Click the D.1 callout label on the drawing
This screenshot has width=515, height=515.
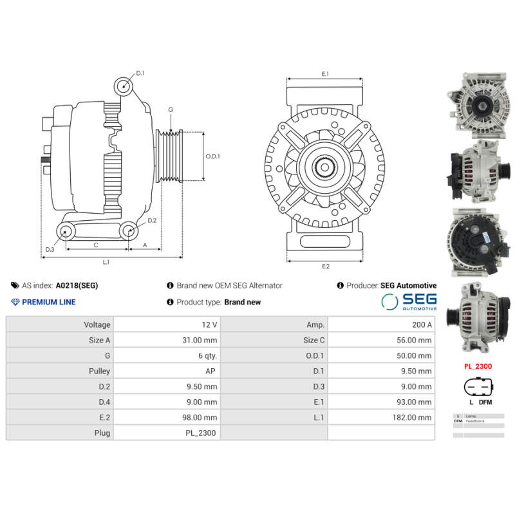click(140, 73)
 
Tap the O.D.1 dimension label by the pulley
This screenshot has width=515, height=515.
click(212, 156)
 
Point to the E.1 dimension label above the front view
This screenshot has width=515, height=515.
click(325, 74)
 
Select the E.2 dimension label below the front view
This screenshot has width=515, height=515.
click(325, 266)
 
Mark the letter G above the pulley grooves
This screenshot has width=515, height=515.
click(171, 110)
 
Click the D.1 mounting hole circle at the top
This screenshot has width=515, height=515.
click(123, 86)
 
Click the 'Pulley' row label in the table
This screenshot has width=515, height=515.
click(99, 371)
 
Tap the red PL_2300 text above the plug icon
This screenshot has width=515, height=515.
click(478, 366)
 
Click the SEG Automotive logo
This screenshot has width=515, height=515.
click(409, 301)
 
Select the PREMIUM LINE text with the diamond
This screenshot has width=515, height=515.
click(44, 302)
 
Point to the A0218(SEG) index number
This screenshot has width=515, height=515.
click(77, 285)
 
